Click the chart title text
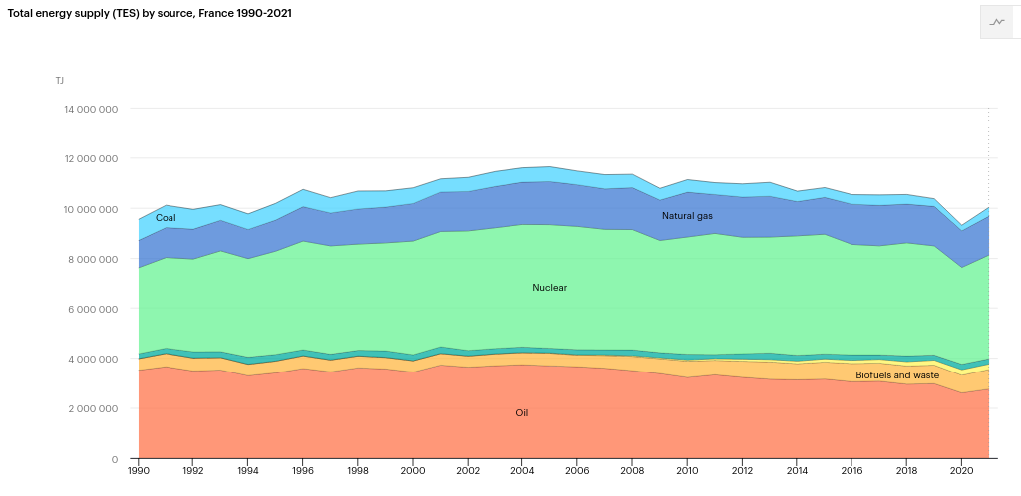tap(150, 14)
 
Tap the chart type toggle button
tap(997, 21)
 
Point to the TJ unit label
tap(60, 80)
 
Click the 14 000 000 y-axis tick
tap(91, 109)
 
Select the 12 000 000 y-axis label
tap(91, 158)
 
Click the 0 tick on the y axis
tap(115, 459)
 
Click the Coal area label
tap(166, 218)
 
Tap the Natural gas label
tap(687, 216)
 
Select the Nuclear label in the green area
tap(550, 288)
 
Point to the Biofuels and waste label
tap(897, 375)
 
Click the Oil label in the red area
tap(522, 412)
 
